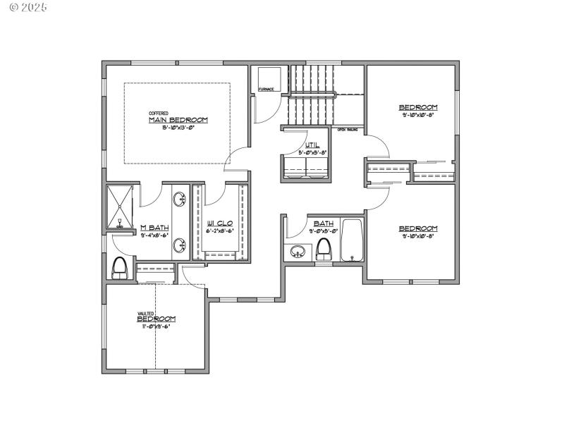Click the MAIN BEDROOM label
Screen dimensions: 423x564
pos(178,120)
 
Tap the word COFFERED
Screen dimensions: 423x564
pos(158,113)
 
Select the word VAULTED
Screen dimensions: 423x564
pos(146,313)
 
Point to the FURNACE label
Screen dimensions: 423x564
pos(266,90)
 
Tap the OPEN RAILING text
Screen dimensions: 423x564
pos(347,130)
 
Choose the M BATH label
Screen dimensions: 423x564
pos(153,227)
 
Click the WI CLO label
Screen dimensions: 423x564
pos(219,223)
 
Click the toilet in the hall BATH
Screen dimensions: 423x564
pos(324,248)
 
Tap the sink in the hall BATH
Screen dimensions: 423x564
pos(298,252)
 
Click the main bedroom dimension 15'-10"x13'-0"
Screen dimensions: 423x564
pos(178,128)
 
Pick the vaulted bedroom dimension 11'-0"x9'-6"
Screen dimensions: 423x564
pos(156,326)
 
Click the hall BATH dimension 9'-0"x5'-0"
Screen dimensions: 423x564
pos(324,231)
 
